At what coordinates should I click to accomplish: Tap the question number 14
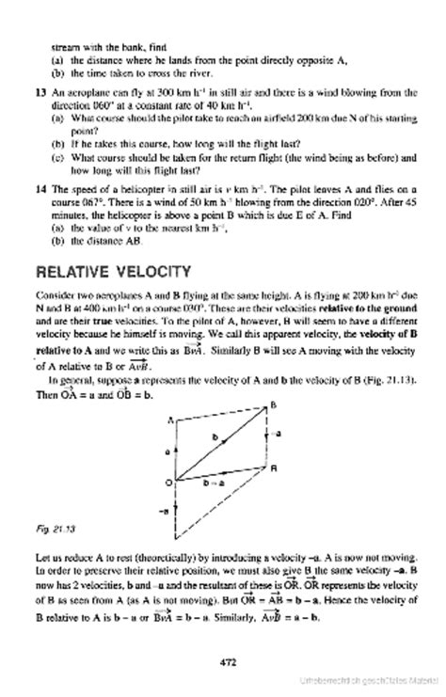(x=39, y=188)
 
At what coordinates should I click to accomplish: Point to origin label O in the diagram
(x=168, y=483)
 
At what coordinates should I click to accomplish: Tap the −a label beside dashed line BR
(x=279, y=434)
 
